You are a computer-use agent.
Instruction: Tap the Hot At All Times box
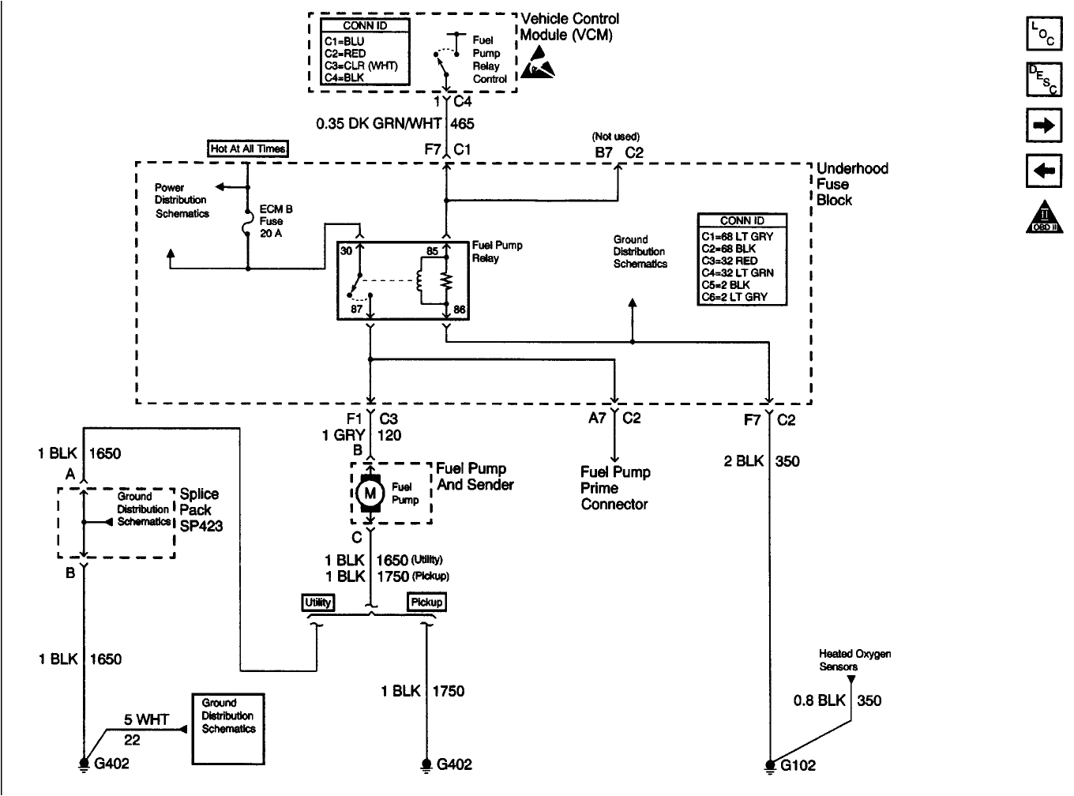(247, 148)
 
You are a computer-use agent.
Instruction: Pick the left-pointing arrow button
(1043, 171)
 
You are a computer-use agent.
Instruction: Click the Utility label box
(318, 603)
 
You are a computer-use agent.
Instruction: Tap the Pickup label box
(427, 603)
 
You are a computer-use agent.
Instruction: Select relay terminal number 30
(346, 251)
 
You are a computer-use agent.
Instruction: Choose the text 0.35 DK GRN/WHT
(379, 123)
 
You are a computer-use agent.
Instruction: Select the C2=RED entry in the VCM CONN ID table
(345, 53)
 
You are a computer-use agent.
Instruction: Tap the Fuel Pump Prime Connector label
(615, 488)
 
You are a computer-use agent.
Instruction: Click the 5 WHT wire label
(142, 719)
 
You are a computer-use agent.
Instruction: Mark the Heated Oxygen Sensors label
(849, 660)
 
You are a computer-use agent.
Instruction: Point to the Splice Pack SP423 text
(201, 509)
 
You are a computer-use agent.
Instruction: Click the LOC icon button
(1043, 34)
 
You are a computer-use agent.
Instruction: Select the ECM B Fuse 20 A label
(276, 221)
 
